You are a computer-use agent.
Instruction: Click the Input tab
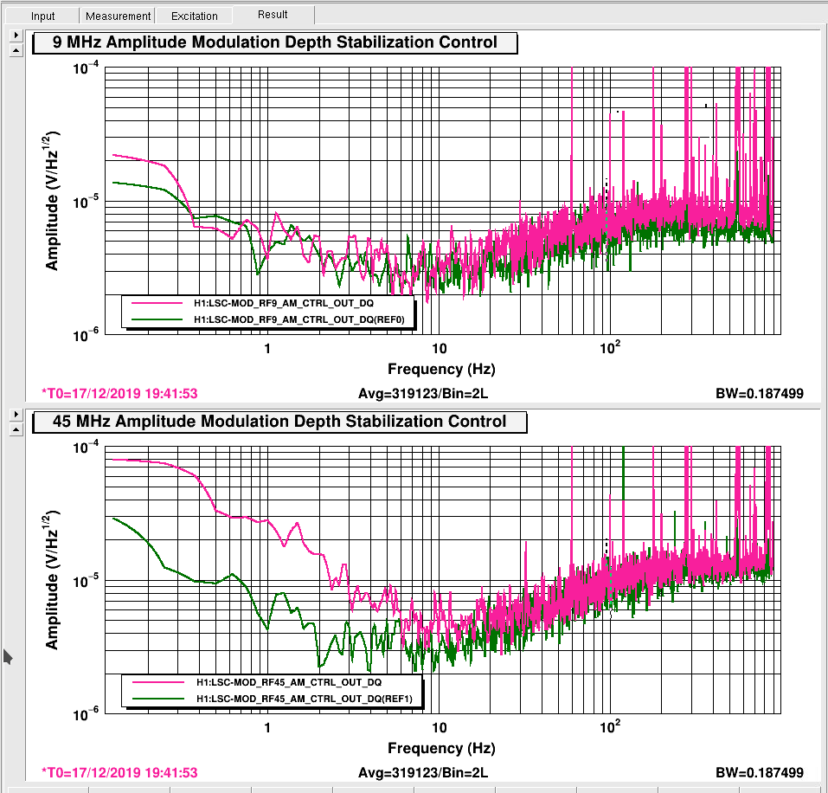click(x=42, y=16)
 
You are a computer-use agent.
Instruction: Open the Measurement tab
click(x=118, y=16)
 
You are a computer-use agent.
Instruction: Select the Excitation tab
click(x=195, y=16)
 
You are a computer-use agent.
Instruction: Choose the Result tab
click(x=273, y=14)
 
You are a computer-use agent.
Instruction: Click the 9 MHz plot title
click(x=274, y=42)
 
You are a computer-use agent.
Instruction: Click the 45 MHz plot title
click(x=279, y=421)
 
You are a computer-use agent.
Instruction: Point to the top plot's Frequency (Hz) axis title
click(x=441, y=369)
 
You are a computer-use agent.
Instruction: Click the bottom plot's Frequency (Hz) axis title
click(x=441, y=748)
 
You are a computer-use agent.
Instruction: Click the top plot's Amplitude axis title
click(x=51, y=201)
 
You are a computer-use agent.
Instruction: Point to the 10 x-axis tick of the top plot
click(x=439, y=349)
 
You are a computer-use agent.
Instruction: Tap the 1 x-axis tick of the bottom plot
click(x=267, y=728)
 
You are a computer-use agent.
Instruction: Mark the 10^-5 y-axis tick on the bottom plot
click(x=86, y=581)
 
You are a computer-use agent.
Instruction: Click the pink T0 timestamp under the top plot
click(x=119, y=394)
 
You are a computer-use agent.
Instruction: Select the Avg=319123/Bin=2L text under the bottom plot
click(x=423, y=773)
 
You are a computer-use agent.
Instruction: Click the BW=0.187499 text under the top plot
click(x=760, y=394)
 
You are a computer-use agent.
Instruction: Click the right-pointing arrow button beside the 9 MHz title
click(x=16, y=35)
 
